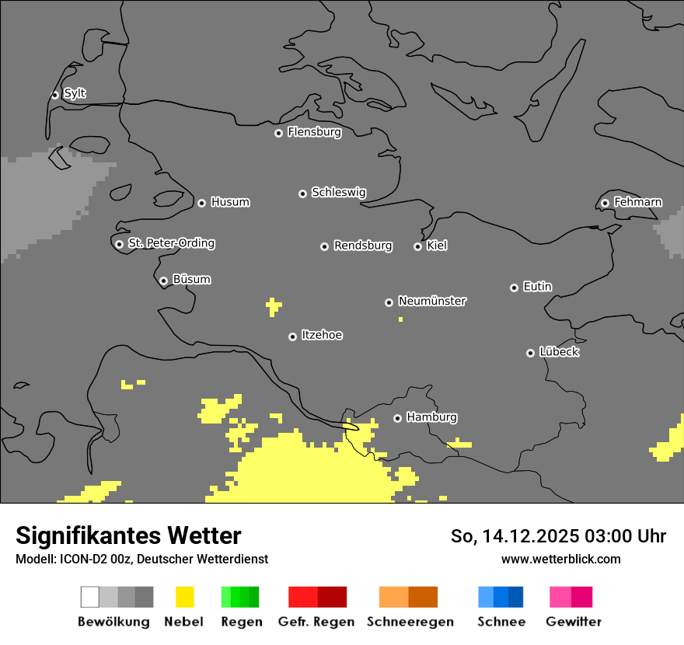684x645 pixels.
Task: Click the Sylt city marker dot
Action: [55, 95]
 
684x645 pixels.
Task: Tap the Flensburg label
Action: [314, 132]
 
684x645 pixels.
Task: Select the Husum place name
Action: [230, 202]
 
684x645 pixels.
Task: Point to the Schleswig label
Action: [338, 192]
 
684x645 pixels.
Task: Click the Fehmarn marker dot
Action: [605, 203]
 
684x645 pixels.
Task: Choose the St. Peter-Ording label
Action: [171, 243]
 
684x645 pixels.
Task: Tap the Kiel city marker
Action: [418, 246]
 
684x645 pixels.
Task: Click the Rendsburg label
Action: [362, 246]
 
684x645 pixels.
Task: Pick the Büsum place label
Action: [191, 279]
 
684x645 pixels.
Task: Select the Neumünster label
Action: [432, 301]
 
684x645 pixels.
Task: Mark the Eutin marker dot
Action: [515, 288]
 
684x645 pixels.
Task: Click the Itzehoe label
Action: [322, 335]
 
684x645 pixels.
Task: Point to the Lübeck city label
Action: [559, 352]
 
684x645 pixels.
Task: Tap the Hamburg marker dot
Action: [398, 418]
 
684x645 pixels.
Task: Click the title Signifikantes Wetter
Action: [128, 535]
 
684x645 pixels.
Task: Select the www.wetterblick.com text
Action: [560, 559]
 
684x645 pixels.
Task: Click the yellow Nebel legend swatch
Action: [184, 597]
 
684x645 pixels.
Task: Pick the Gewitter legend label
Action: [573, 622]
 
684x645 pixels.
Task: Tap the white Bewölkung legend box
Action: [90, 597]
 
